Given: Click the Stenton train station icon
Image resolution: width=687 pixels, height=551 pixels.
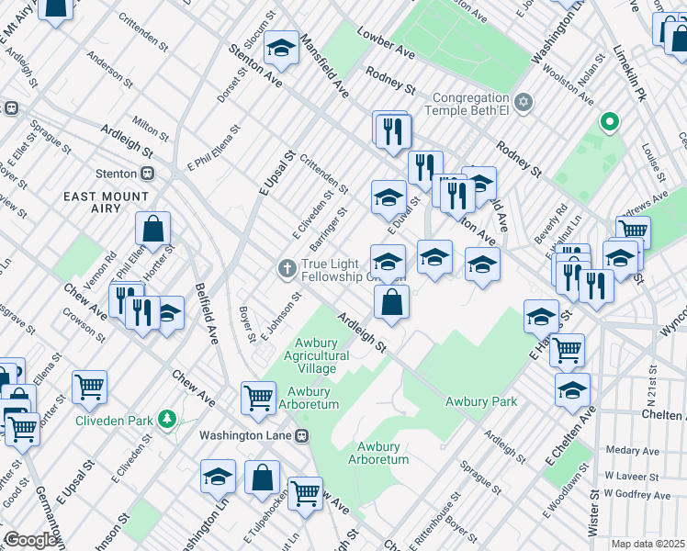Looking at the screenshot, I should [x=146, y=173].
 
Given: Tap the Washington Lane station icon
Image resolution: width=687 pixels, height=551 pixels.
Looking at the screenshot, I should [x=300, y=435].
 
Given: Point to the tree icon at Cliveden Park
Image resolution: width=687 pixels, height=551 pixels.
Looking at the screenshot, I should [x=166, y=420].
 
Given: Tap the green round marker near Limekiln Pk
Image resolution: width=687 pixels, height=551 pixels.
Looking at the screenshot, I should [x=608, y=121].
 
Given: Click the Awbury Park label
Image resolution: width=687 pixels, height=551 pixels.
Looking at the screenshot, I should [x=481, y=401].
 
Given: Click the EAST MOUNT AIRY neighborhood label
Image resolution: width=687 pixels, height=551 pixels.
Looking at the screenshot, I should [x=107, y=202].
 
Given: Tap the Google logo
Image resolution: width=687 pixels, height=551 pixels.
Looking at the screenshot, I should [x=31, y=539].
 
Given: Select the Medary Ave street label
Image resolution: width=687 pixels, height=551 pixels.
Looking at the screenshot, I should [x=633, y=451].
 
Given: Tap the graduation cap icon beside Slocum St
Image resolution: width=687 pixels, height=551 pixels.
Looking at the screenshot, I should [x=281, y=48].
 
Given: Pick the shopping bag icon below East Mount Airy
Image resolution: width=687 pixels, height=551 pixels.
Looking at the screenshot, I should [x=153, y=230].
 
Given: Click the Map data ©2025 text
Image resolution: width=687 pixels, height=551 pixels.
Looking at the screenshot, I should [x=648, y=544].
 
